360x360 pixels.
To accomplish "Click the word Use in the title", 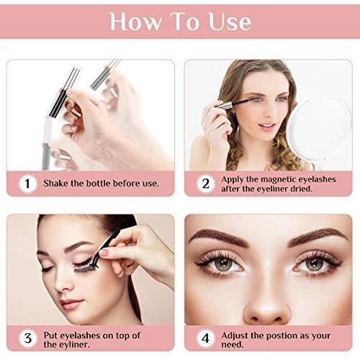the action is pos(230,22).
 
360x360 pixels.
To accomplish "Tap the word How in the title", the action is pos(135,22).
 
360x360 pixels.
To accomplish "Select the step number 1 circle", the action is pos(27,184).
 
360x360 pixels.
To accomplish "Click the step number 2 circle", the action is pos(206,184).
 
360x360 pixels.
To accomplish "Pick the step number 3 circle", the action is pos(27,338).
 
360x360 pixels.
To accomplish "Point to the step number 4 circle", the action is pos(206,338).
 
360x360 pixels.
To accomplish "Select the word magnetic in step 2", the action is pos(279,179).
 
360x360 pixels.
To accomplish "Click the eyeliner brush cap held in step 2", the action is pos(224,106).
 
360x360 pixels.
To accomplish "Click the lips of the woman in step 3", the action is pos(71,304).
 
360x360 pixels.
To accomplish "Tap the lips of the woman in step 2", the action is pos(267,126).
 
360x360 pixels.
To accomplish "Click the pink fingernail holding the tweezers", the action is pos(104,252).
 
